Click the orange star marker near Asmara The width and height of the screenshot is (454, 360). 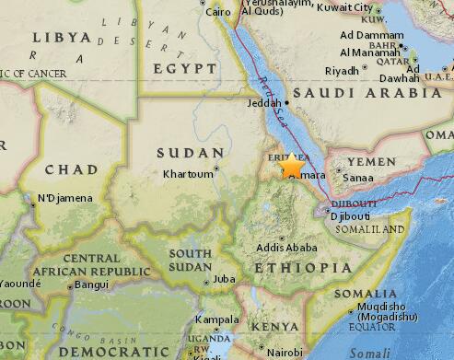(x=292, y=167)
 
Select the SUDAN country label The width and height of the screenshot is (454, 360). (x=191, y=153)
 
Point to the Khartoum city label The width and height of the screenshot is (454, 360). (x=189, y=173)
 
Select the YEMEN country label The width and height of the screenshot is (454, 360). (x=370, y=162)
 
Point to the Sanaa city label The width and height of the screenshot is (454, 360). (x=357, y=180)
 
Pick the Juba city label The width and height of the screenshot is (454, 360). (x=224, y=278)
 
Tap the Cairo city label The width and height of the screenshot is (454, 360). (x=217, y=12)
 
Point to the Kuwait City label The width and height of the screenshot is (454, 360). (x=344, y=7)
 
